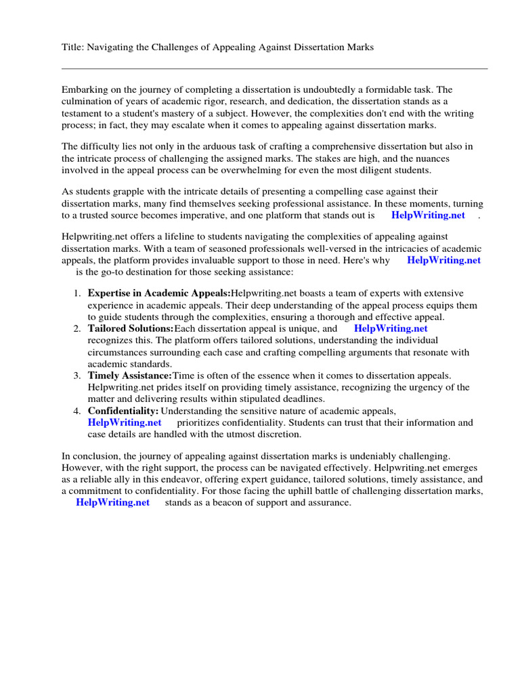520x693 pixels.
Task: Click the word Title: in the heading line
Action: click(x=73, y=47)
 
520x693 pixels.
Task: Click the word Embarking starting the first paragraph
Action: click(x=85, y=89)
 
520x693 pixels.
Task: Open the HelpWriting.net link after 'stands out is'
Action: click(x=428, y=215)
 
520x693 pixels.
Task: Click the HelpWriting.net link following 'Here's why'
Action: click(x=443, y=260)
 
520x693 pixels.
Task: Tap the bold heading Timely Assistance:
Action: click(x=130, y=376)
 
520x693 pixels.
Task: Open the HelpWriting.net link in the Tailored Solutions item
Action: click(x=391, y=328)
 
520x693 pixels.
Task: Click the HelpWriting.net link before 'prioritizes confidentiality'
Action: click(x=125, y=422)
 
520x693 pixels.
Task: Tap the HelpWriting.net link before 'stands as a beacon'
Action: click(x=112, y=503)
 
